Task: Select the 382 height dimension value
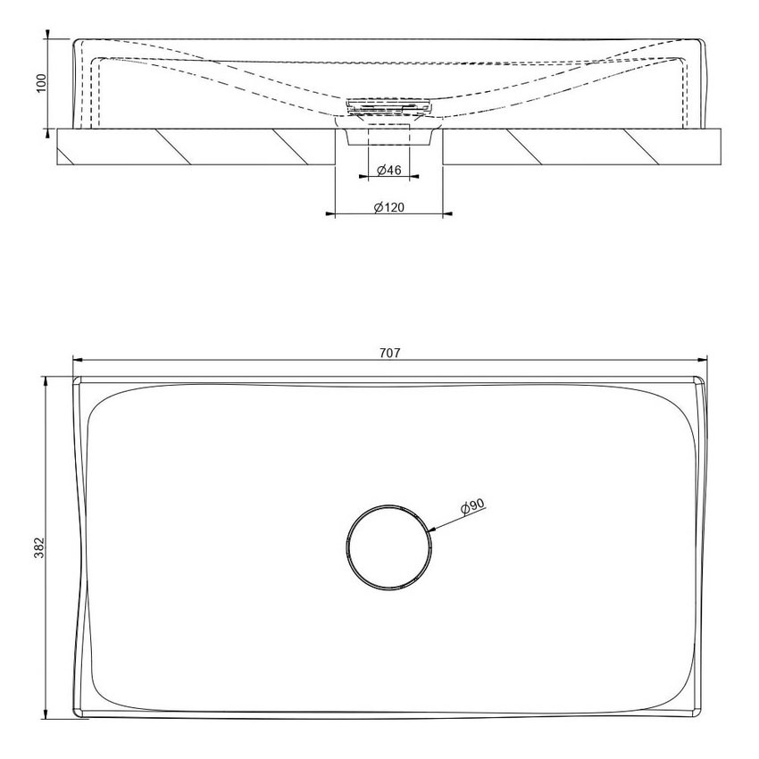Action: pos(39,547)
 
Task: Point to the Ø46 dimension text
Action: pos(388,170)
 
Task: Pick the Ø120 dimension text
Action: pos(388,207)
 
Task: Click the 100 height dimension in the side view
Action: pos(39,84)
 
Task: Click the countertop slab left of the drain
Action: pos(196,146)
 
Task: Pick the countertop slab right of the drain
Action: pos(580,146)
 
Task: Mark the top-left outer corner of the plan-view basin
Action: pos(75,379)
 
